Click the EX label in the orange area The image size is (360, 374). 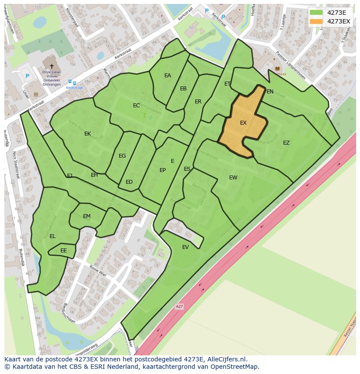click(243, 123)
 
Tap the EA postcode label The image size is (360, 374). click(167, 76)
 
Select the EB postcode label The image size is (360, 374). click(183, 89)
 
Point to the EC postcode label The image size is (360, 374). click(136, 106)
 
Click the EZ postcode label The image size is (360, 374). click(286, 143)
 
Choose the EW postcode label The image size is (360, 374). click(233, 177)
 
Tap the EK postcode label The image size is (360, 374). click(87, 134)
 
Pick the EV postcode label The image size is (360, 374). click(186, 247)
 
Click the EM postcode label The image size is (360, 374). click(87, 216)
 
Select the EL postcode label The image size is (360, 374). click(53, 236)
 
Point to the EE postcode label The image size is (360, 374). click(63, 251)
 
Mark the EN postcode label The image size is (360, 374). click(270, 92)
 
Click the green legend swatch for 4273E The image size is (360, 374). click(316, 12)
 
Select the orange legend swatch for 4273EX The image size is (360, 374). click(316, 21)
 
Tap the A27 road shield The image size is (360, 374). click(179, 307)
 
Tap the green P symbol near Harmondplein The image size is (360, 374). click(150, 118)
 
